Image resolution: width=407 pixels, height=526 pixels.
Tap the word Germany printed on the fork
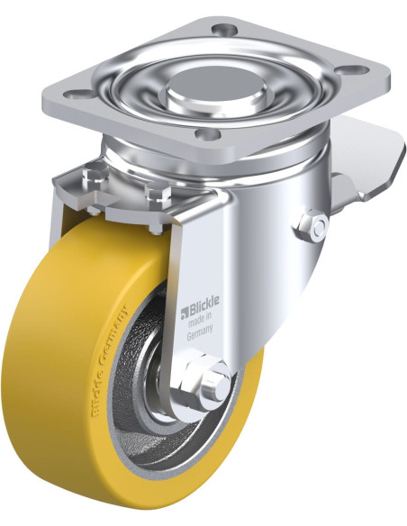pyautogui.click(x=200, y=334)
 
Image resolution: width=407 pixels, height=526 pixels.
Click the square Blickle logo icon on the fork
pyautogui.click(x=184, y=313)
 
